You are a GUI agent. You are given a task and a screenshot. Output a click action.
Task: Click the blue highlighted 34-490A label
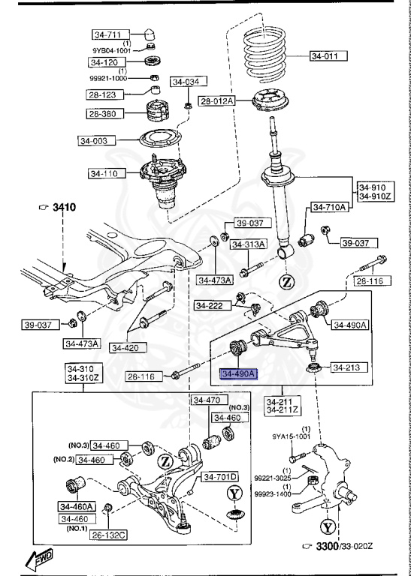[238, 373]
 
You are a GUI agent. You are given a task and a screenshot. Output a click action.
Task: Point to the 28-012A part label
[217, 100]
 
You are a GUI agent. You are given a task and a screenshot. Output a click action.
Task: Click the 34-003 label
[95, 140]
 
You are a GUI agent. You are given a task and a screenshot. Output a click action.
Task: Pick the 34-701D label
[220, 476]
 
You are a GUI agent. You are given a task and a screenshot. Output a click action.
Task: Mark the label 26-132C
[109, 535]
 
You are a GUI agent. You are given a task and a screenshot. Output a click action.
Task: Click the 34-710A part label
[328, 207]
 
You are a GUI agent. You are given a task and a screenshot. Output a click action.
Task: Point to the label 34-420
[128, 347]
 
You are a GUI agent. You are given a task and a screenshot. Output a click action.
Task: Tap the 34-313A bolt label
[248, 244]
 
